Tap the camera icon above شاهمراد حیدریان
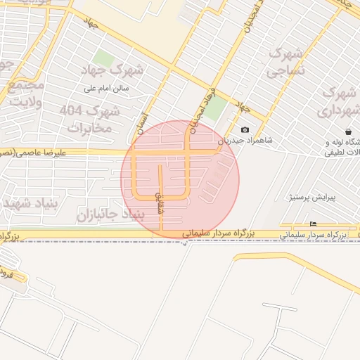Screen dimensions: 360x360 pos(245,129)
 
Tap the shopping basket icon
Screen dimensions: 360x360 pos(349,131)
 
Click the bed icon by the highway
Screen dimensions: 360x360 pos(313,224)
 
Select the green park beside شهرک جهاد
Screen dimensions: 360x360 pos(104,59)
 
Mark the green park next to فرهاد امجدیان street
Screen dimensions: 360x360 pos(216,108)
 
